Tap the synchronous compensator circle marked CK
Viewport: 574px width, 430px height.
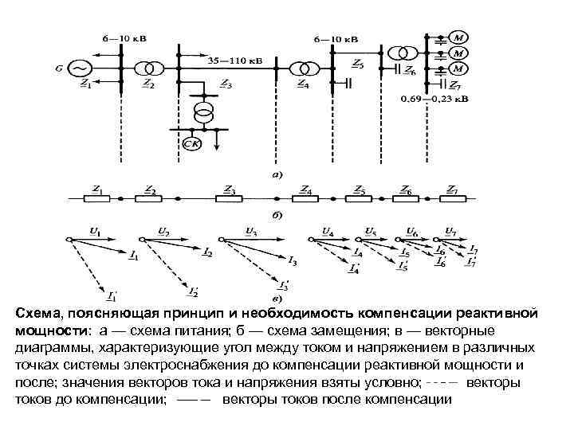pos(191,143)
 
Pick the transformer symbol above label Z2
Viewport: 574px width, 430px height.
pos(148,68)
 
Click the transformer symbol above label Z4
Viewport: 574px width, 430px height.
pos(301,68)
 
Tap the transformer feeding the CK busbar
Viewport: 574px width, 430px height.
pos(205,111)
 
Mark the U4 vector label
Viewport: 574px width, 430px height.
pos(328,232)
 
